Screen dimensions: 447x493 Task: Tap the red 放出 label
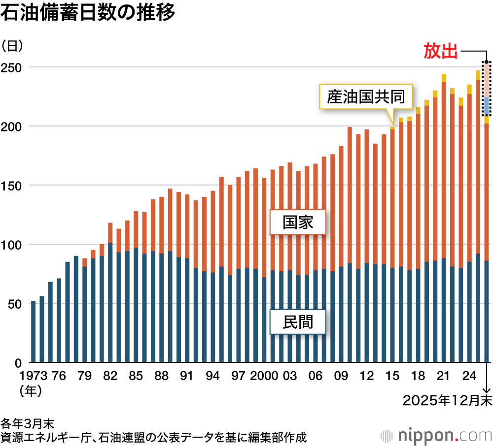click(x=441, y=51)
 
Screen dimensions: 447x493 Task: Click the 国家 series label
click(x=298, y=223)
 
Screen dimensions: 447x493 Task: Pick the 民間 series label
click(x=298, y=322)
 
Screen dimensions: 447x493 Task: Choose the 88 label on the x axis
click(x=161, y=376)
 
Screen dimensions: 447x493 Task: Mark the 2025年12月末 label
click(x=447, y=401)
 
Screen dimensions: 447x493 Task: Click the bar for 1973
click(x=34, y=332)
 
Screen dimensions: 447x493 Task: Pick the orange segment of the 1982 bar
click(x=110, y=233)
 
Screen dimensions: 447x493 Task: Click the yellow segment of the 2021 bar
click(x=444, y=78)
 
